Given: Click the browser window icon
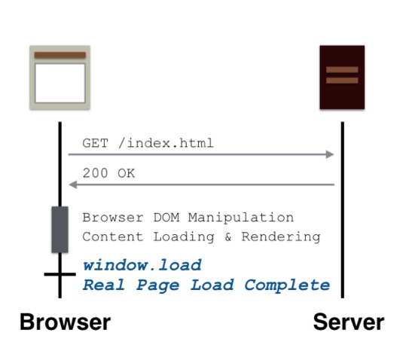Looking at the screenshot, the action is (x=60, y=78).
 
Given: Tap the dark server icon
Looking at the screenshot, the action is (x=342, y=78).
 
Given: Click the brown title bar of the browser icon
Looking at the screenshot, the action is (x=60, y=55).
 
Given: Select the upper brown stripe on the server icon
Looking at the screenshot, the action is (x=342, y=69).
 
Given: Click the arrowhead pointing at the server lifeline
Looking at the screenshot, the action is (x=330, y=154).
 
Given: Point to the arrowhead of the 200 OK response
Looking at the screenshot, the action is (x=73, y=185).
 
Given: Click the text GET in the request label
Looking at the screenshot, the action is (x=95, y=143).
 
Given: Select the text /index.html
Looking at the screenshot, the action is (x=166, y=143).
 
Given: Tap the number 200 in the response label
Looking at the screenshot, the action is (x=95, y=173).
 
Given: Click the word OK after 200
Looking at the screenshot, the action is (x=127, y=173).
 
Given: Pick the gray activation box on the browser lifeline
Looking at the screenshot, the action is (x=60, y=230).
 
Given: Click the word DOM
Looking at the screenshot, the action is (x=166, y=218).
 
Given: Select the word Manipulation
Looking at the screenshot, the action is (x=241, y=218).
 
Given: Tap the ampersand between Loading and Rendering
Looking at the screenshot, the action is (x=227, y=237).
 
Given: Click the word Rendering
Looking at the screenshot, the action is (x=281, y=237).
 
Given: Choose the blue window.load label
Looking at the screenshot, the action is (x=142, y=265).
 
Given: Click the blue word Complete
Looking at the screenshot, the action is (x=287, y=285).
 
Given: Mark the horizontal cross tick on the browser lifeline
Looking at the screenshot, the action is (x=60, y=274).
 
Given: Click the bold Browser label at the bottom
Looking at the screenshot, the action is (x=66, y=322).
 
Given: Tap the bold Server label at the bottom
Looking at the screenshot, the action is (x=349, y=322).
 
